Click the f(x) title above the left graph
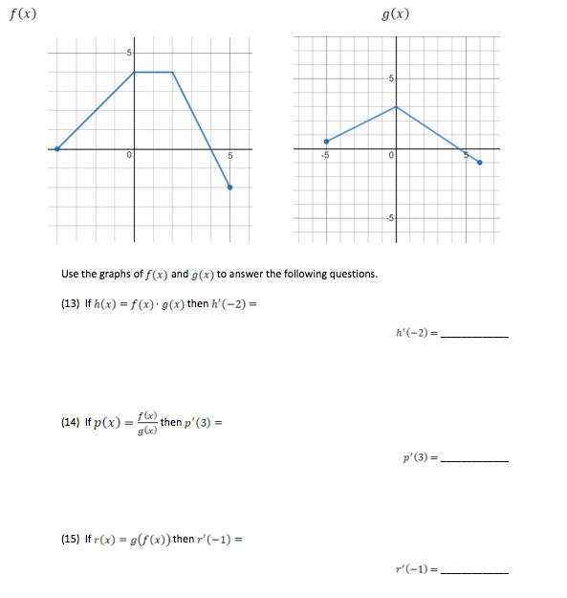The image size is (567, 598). [x=24, y=14]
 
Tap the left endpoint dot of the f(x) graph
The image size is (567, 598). [x=57, y=148]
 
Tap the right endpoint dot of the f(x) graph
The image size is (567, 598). [x=229, y=188]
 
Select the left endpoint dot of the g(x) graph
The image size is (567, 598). [x=326, y=141]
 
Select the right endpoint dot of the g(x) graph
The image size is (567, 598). [x=479, y=163]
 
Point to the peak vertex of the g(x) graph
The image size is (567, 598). [x=396, y=107]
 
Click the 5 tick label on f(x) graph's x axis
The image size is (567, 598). [x=229, y=156]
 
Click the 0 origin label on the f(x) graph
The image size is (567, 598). [x=128, y=156]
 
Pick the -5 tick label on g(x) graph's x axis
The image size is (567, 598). [x=325, y=156]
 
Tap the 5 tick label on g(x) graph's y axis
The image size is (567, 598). [x=390, y=78]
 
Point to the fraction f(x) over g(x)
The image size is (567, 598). [x=145, y=423]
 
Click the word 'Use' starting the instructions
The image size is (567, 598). [x=70, y=275]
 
